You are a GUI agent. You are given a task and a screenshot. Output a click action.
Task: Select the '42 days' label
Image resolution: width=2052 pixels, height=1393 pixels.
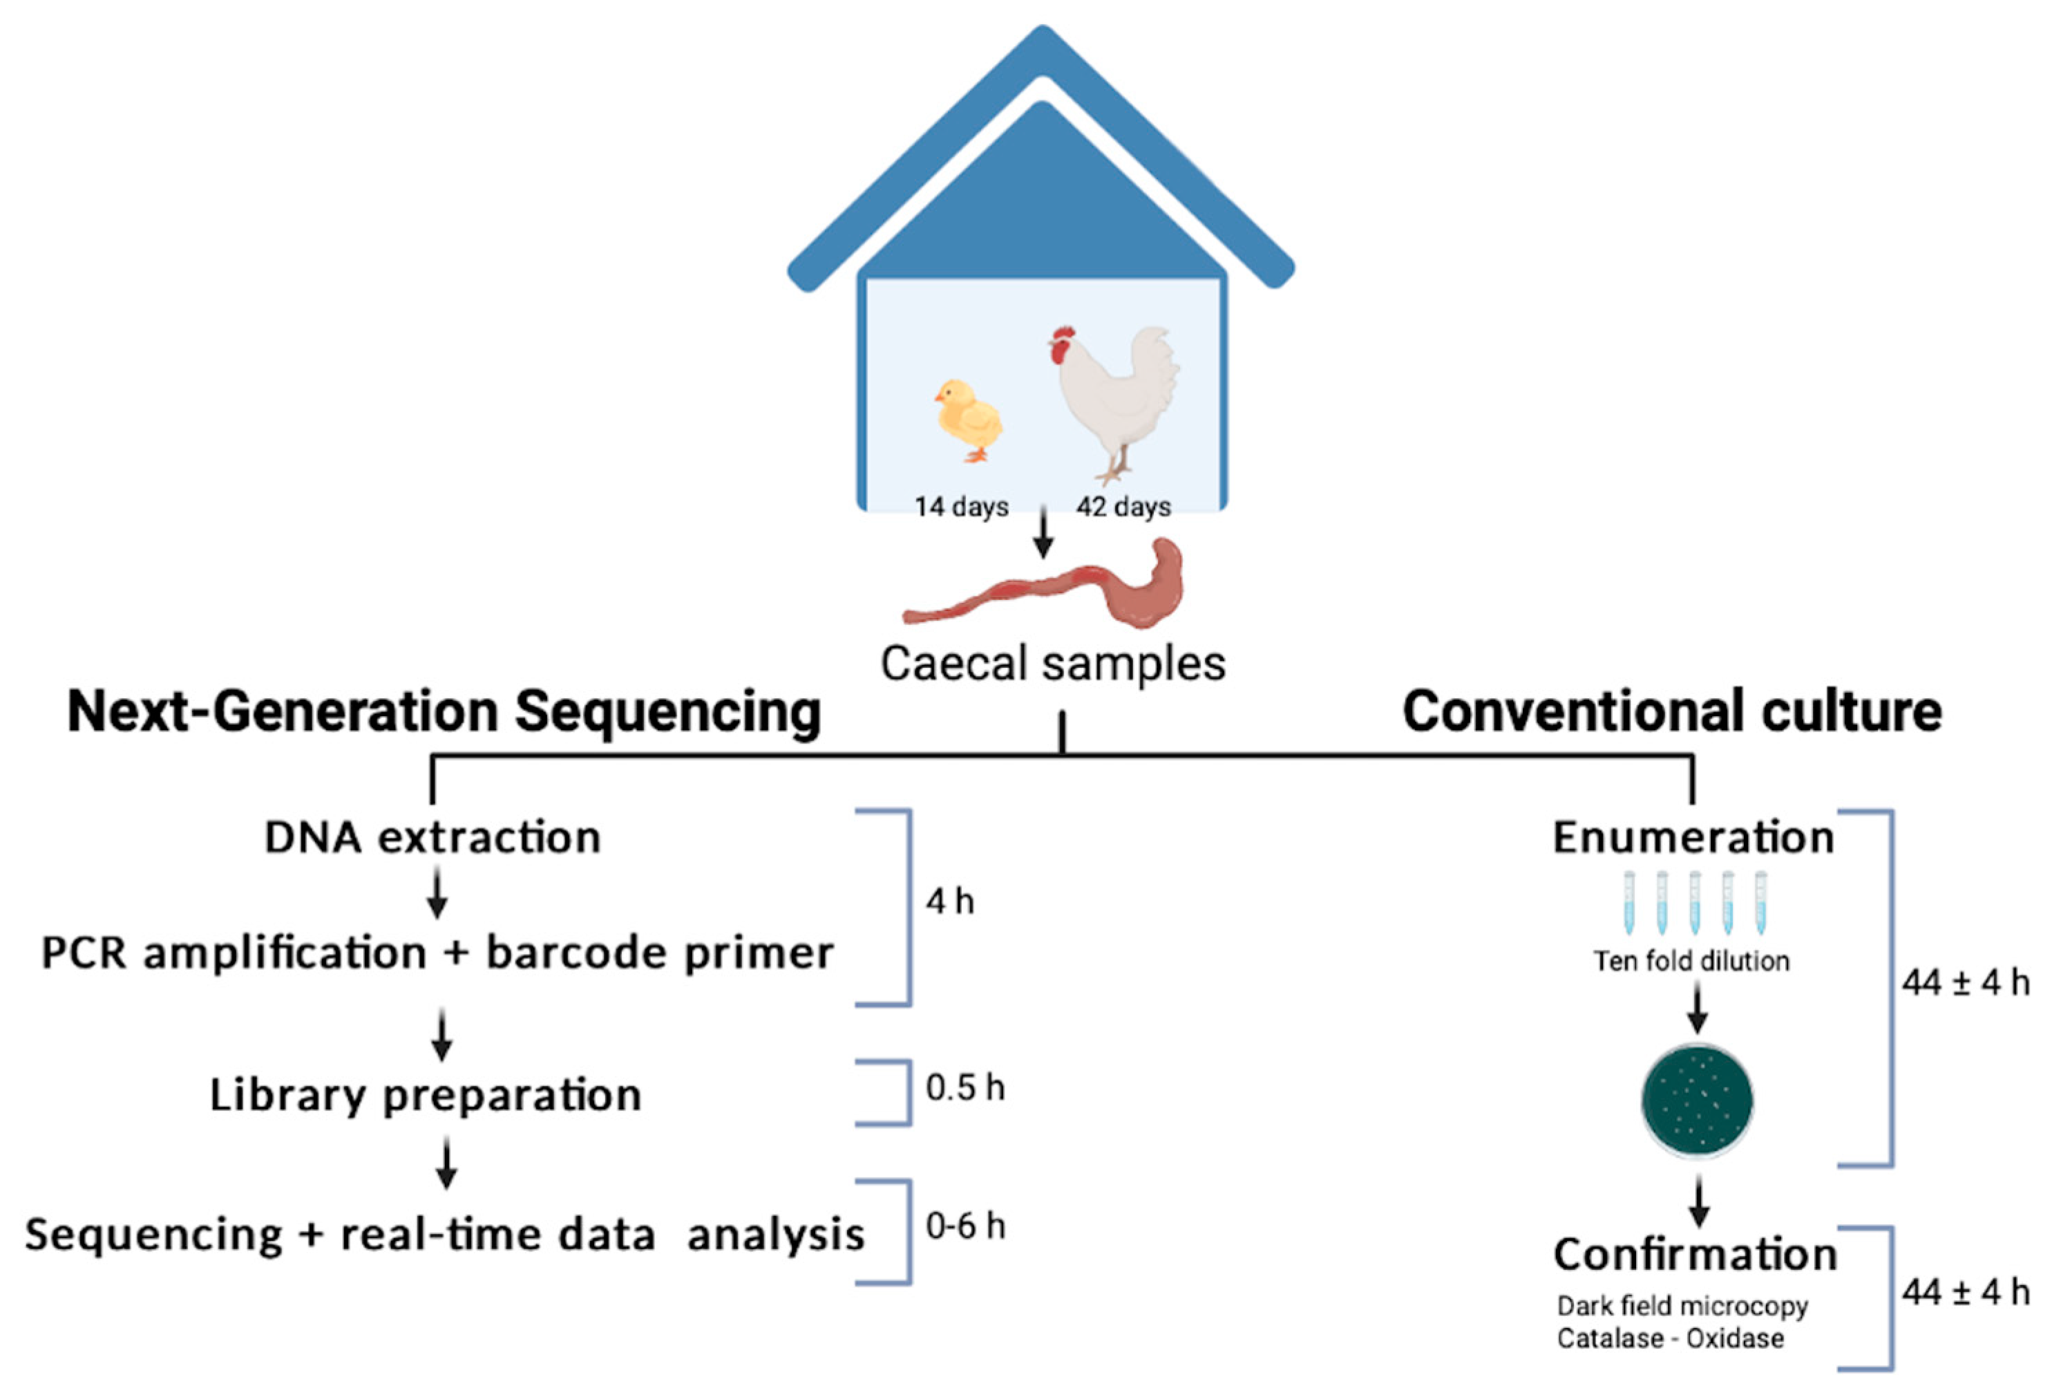(x=1123, y=507)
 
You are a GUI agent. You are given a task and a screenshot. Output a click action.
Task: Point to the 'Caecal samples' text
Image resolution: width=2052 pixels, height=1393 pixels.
(x=1052, y=664)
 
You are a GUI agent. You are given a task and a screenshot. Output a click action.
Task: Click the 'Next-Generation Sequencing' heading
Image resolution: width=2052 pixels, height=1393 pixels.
(x=444, y=712)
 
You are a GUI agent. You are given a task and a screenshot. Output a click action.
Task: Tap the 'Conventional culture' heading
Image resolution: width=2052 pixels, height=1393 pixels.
(x=1671, y=712)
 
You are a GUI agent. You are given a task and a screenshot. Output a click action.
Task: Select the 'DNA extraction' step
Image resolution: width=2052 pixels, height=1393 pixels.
(x=433, y=837)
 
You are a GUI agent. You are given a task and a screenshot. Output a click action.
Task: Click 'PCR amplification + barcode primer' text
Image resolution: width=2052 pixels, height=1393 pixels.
(x=437, y=954)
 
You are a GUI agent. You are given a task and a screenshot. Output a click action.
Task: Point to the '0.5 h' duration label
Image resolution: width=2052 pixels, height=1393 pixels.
(x=965, y=1088)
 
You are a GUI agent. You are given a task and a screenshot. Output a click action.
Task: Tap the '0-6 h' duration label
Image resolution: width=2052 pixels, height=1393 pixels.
(x=965, y=1226)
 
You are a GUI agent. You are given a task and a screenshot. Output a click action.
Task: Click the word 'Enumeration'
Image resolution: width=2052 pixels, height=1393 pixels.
(x=1693, y=837)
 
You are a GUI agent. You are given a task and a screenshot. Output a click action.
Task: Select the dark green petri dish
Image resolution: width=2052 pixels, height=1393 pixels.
(x=1696, y=1101)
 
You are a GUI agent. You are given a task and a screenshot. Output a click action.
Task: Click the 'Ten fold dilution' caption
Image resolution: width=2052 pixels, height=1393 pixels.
(x=1691, y=961)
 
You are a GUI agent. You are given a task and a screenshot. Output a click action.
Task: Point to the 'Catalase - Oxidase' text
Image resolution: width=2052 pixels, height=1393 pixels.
(x=1670, y=1339)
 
